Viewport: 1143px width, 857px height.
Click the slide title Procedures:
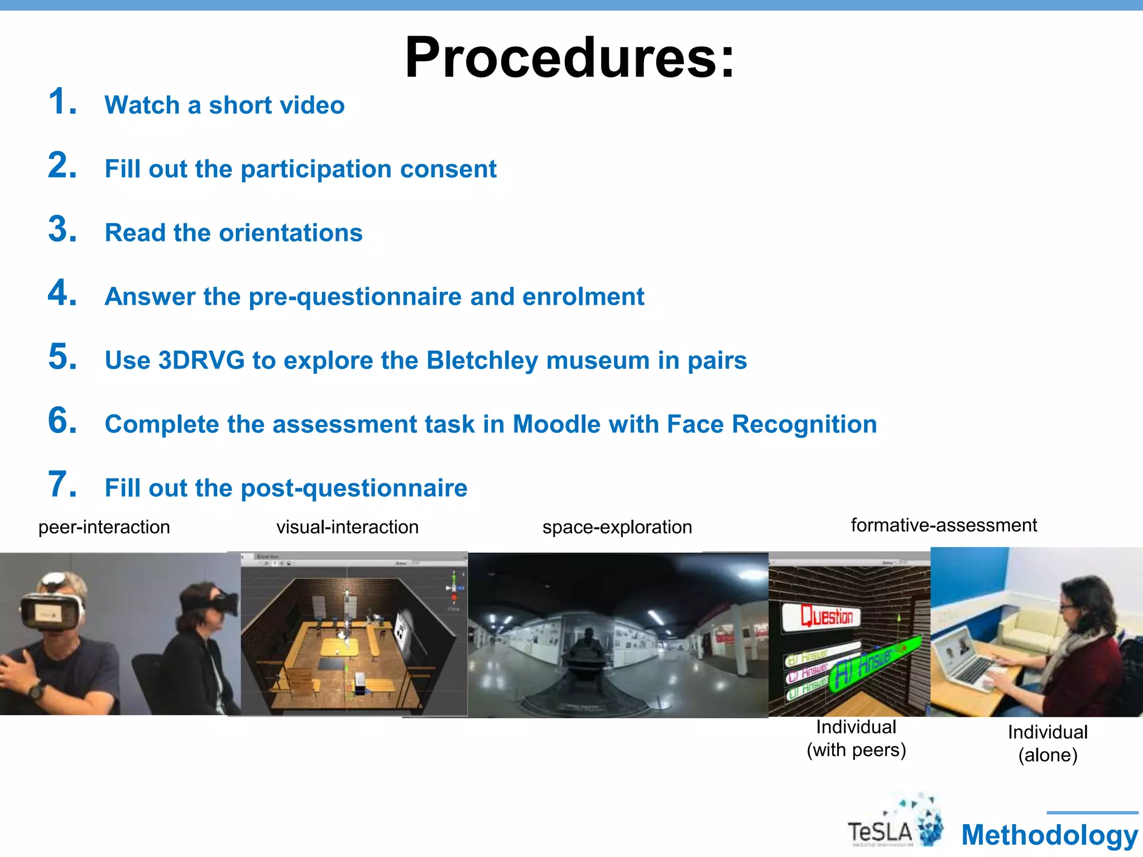pos(570,57)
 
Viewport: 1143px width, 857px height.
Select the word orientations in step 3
pos(290,233)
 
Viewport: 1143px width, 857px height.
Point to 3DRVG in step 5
pos(202,360)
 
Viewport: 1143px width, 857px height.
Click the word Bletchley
pos(482,360)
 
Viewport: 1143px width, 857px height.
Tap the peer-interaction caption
pos(104,527)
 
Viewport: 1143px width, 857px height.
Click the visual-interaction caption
pos(347,527)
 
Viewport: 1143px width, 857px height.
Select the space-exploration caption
pos(617,527)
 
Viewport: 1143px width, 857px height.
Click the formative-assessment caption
pos(943,525)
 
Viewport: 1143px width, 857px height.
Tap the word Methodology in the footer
pos(1049,835)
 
